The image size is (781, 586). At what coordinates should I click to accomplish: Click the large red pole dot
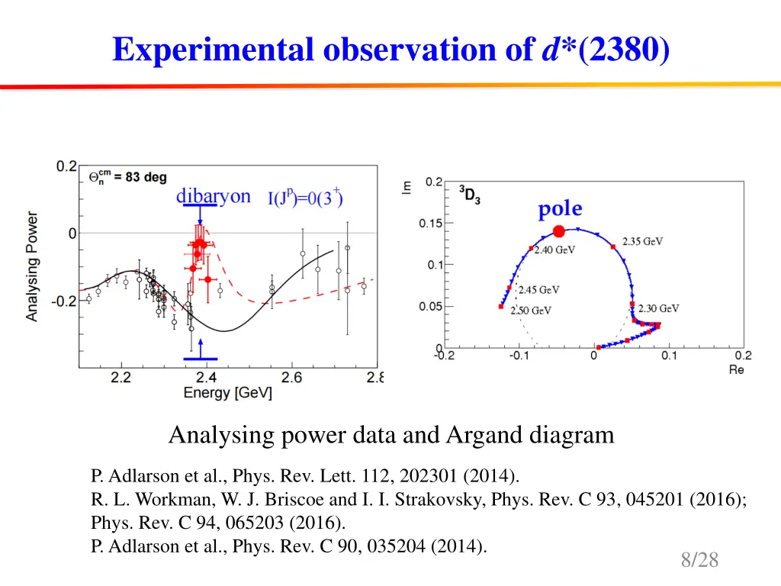point(558,231)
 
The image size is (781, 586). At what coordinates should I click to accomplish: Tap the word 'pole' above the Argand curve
point(560,209)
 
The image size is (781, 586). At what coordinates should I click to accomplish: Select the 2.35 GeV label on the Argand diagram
point(642,242)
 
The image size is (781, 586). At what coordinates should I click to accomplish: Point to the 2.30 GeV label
point(658,308)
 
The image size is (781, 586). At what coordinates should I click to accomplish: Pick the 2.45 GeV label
point(538,290)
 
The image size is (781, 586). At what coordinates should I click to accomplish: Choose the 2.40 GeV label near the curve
point(554,250)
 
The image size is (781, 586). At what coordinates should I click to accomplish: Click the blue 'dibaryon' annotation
point(213,196)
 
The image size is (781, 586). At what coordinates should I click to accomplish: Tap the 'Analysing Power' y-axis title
point(32,266)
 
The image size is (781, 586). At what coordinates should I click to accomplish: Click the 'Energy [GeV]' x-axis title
point(227,394)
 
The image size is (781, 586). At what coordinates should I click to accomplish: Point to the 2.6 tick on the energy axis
point(291,378)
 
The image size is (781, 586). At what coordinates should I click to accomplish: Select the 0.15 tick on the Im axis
point(431,224)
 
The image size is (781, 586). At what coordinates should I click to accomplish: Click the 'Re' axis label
point(736,369)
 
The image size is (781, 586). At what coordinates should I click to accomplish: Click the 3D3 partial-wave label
point(468,194)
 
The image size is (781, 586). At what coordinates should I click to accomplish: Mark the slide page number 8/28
point(699,560)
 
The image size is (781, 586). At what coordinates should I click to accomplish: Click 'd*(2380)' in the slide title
point(606,50)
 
